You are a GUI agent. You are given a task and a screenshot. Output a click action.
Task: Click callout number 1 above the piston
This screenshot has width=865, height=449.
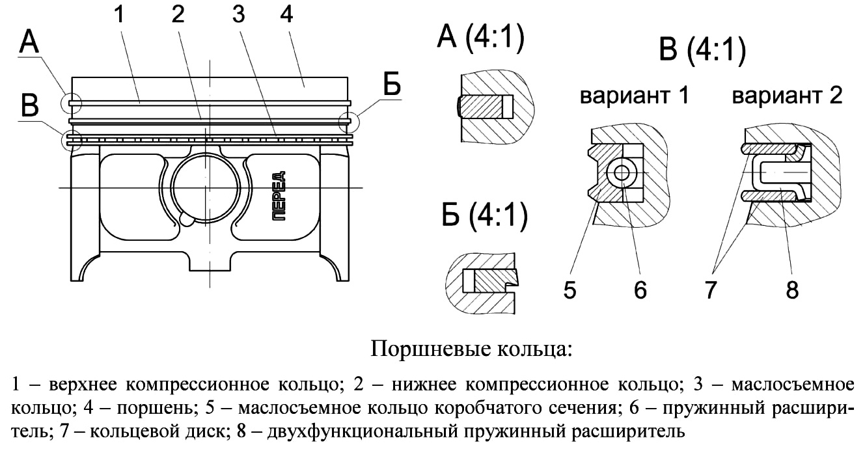[x=119, y=15]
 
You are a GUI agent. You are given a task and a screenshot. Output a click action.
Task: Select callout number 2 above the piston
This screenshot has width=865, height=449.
[x=178, y=15]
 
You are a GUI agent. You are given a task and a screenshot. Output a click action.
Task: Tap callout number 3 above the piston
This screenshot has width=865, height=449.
[x=238, y=15]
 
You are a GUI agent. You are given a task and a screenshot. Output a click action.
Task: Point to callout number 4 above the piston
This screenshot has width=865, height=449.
[x=286, y=15]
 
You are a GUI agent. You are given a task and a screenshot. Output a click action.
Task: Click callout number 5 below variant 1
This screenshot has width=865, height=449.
[x=570, y=290]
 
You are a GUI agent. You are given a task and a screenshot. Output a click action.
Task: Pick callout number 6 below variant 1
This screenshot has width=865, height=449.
[x=640, y=290]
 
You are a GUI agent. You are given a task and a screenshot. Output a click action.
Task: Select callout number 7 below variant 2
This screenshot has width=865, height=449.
[x=711, y=290]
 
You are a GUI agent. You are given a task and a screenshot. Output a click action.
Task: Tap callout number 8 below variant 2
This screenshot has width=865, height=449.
[x=792, y=290]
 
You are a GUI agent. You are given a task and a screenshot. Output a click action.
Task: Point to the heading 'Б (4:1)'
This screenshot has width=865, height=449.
[x=484, y=216]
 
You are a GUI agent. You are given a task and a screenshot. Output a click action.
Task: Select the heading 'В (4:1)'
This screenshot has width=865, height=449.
[x=702, y=51]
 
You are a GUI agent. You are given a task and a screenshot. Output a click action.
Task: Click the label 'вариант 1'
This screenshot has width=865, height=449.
[x=634, y=96]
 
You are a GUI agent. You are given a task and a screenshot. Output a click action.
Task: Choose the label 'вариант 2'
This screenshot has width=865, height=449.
[x=787, y=96]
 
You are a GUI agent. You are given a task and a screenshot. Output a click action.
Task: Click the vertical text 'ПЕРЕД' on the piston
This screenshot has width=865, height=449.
[x=279, y=196]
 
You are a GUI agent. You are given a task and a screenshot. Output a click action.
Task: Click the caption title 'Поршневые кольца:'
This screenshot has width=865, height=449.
[x=471, y=349]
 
